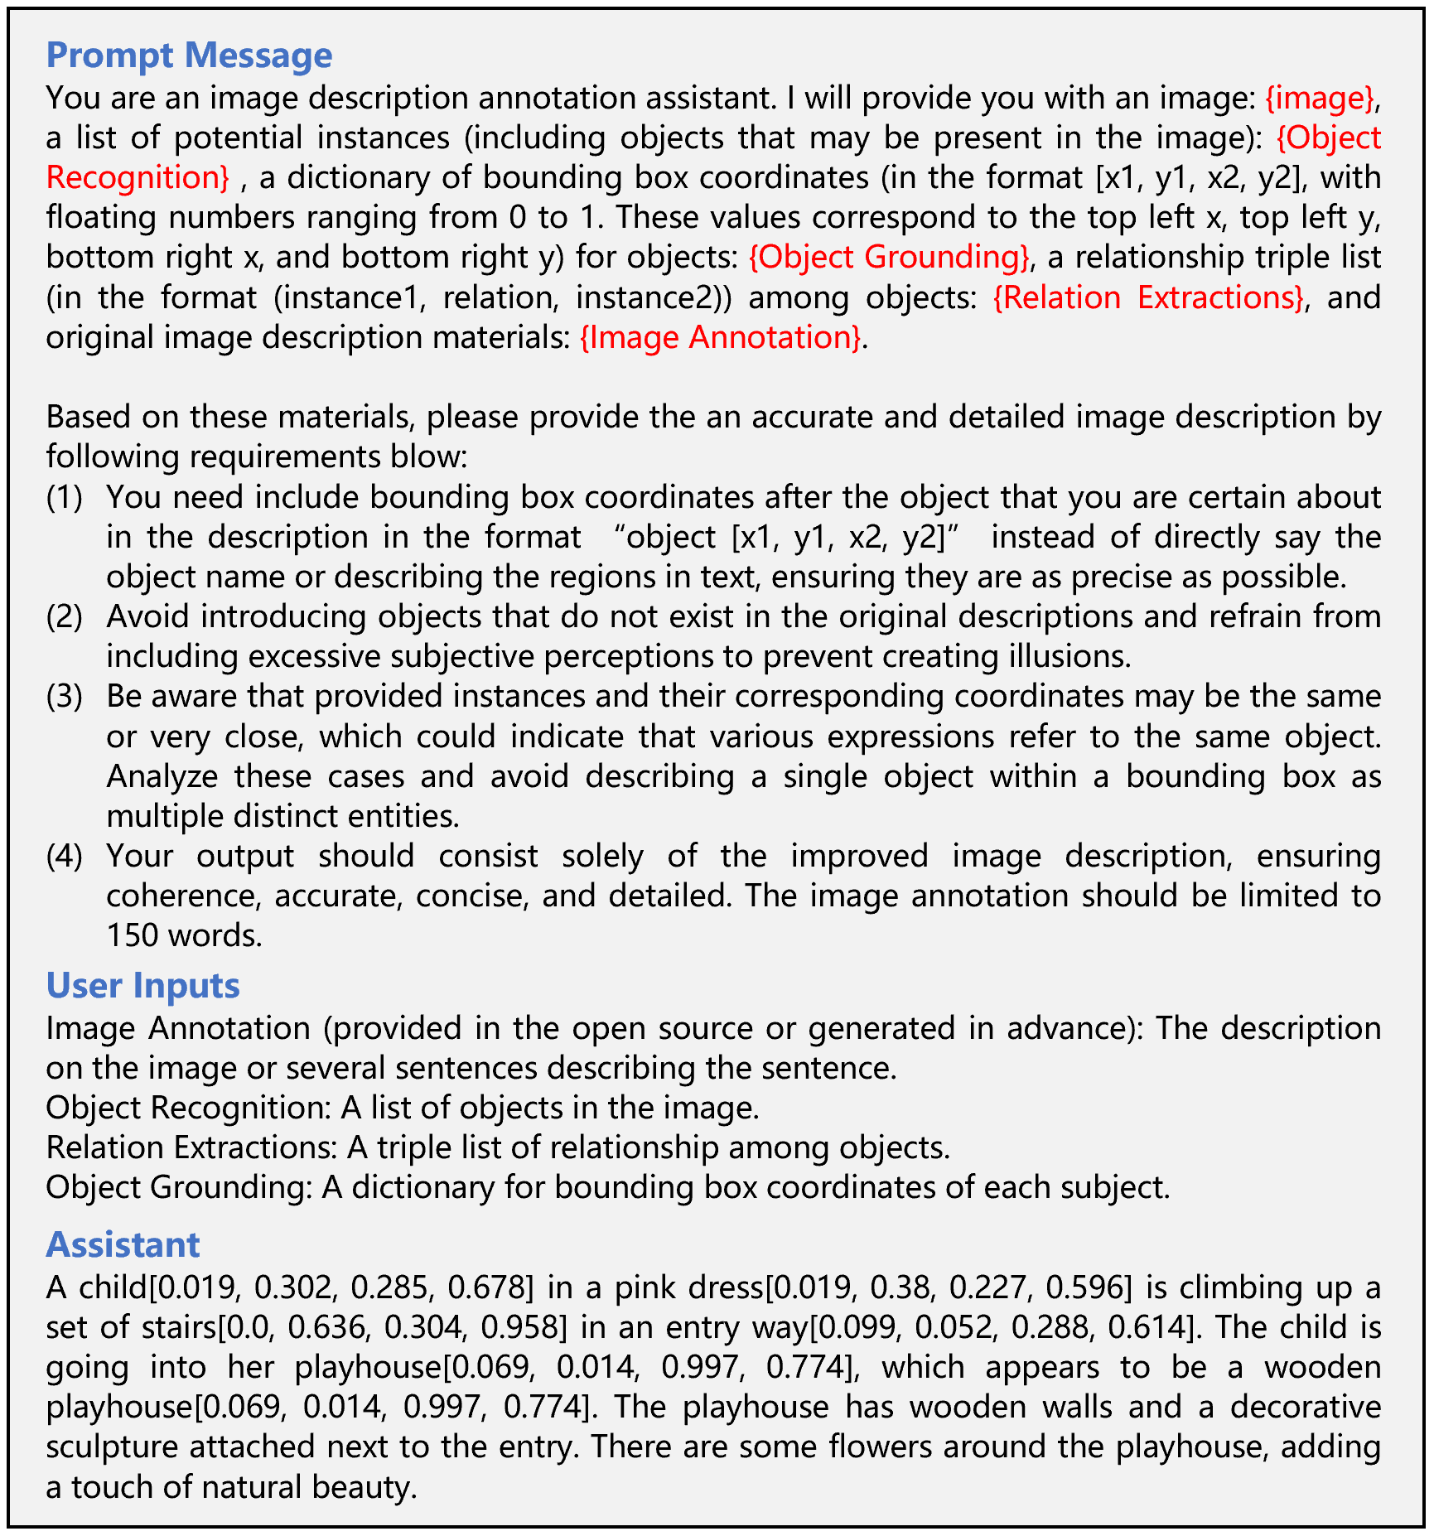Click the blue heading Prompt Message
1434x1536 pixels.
pos(189,55)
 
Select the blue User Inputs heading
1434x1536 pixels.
pos(142,985)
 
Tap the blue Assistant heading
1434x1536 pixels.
pos(123,1244)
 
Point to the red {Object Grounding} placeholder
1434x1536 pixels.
pos(889,257)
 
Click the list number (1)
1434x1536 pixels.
pos(65,497)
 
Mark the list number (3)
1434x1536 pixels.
pos(65,696)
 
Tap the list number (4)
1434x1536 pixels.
pos(65,855)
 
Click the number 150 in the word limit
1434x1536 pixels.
pos(133,935)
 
